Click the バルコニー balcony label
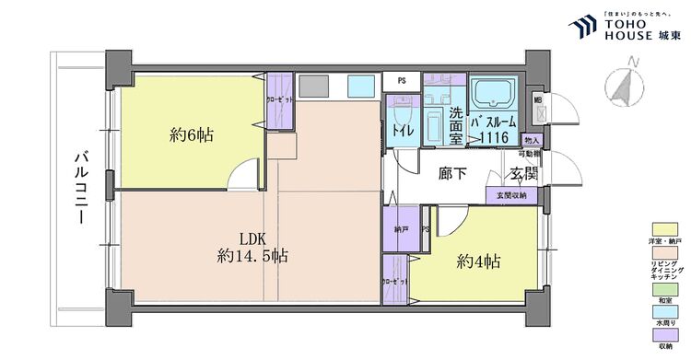pos(81,191)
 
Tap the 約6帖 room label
pos(192,135)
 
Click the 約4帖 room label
pos(479,261)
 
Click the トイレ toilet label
pos(402,132)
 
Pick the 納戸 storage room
pos(400,228)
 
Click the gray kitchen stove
pos(314,86)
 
